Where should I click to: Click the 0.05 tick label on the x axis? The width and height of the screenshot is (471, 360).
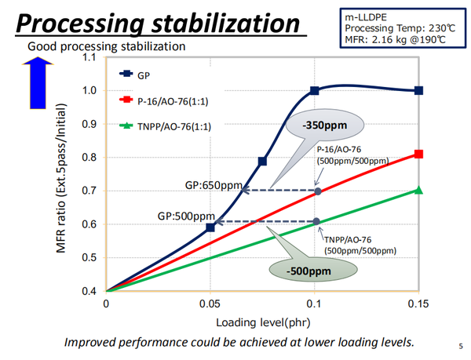210,303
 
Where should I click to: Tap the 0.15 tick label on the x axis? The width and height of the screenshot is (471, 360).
418,303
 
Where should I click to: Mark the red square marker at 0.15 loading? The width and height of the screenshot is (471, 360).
418,154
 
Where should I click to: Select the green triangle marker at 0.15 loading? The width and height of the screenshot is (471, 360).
418,190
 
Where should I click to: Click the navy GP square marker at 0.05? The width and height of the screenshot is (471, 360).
210,227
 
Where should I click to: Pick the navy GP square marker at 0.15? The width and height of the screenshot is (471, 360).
418,90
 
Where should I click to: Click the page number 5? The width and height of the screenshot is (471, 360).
461,344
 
